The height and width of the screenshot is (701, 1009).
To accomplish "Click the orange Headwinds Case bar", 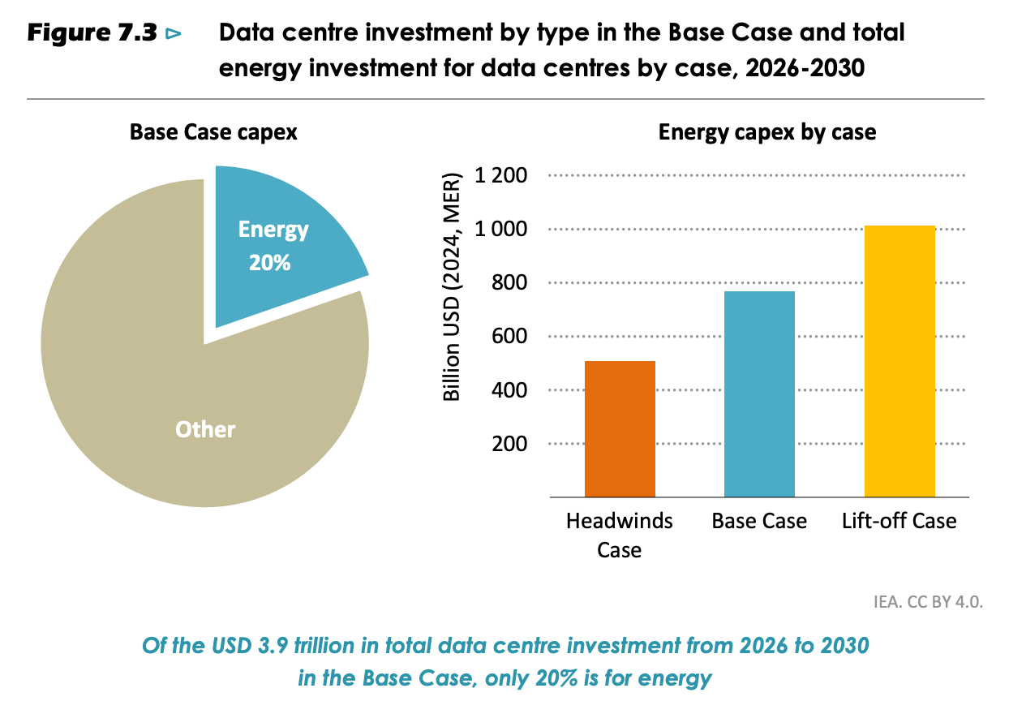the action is click(x=620, y=429).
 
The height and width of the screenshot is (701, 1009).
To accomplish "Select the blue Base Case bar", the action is click(x=759, y=394).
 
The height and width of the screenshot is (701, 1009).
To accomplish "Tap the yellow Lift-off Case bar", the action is click(x=900, y=361).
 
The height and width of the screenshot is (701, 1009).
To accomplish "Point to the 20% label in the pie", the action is click(x=270, y=263).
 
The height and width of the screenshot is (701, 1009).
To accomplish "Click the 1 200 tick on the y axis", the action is click(x=500, y=175).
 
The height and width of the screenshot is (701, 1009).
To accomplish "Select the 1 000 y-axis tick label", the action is click(x=500, y=229).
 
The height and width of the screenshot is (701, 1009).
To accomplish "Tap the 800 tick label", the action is click(x=509, y=282).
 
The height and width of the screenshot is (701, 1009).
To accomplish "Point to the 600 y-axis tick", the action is click(x=509, y=336).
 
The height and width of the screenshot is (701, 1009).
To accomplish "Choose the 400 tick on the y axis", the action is click(x=509, y=390).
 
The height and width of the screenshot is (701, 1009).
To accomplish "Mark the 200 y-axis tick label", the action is click(x=509, y=444).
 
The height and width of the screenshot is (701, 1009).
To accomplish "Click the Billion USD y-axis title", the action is click(x=452, y=287).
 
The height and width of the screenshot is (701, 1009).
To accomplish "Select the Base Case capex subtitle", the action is click(x=213, y=132).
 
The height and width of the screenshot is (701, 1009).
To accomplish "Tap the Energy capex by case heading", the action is click(x=767, y=132).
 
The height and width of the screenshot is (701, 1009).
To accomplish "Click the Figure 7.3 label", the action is click(x=92, y=32).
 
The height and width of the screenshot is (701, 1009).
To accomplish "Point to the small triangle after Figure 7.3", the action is click(x=173, y=34).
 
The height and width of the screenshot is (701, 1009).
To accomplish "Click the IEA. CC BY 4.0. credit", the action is click(x=928, y=602).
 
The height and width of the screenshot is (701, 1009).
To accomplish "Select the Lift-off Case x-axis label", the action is click(x=899, y=521).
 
